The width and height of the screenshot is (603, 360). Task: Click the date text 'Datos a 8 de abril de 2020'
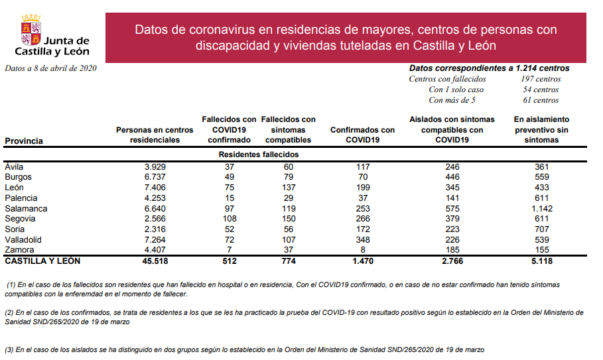[x=50, y=68]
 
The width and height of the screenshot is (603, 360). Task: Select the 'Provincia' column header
[x=23, y=141]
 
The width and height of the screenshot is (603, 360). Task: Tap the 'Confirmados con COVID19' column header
[x=362, y=135]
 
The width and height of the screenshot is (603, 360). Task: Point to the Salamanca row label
[x=24, y=208]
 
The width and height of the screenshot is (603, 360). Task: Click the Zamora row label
[x=19, y=250]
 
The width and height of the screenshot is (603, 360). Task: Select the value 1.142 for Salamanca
[x=541, y=208]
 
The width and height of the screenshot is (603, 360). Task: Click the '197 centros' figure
[x=540, y=79]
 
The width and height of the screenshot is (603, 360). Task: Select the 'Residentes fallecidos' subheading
[x=259, y=154]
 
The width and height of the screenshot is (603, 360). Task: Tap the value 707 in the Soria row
[x=541, y=229]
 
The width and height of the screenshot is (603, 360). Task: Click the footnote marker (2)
[x=10, y=312]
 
